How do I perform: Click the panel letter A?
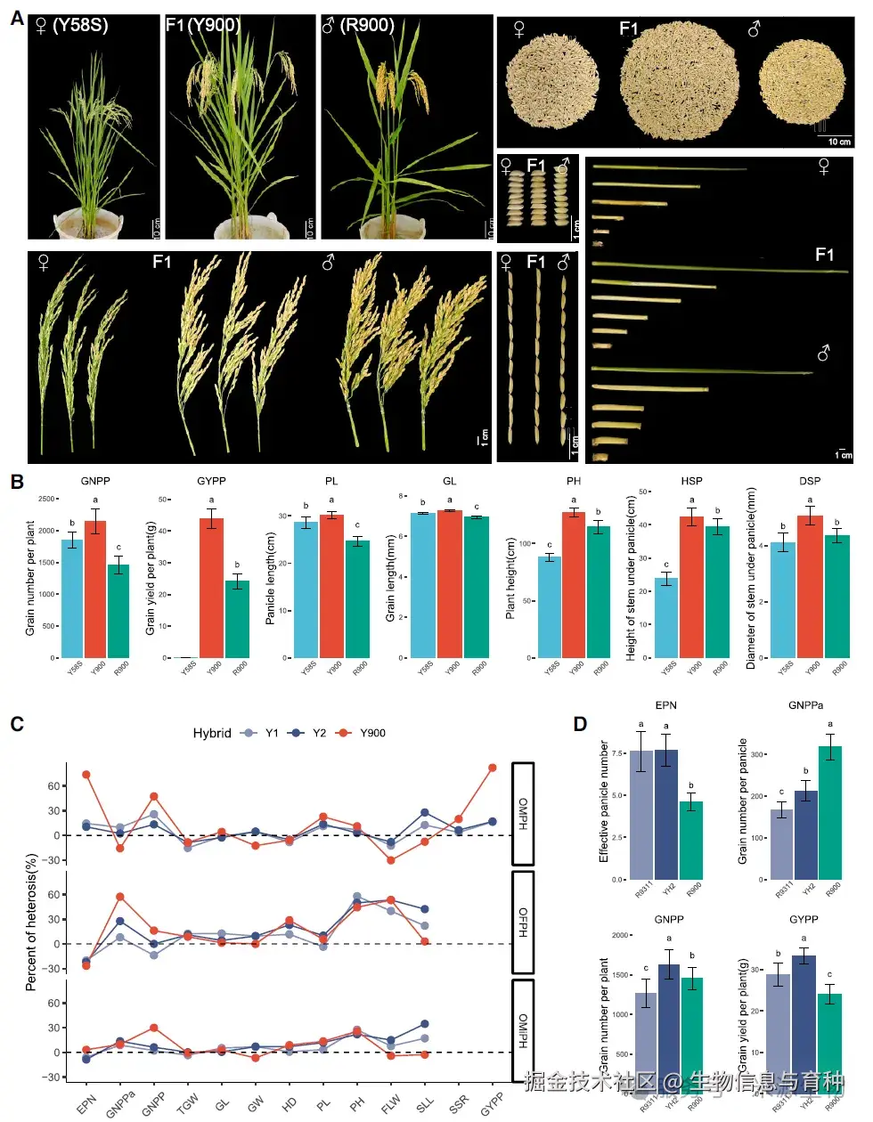[16, 17]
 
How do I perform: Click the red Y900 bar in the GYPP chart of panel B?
[211, 588]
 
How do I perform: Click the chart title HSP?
[691, 481]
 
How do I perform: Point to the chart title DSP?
[810, 481]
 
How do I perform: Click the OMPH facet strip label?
[523, 813]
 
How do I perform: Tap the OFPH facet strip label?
[523, 923]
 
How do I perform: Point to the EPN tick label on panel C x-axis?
[86, 1103]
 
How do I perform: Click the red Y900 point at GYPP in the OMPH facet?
[492, 768]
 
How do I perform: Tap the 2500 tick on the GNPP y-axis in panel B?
[46, 499]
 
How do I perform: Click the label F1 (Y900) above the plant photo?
[203, 25]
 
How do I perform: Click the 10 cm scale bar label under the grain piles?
[839, 142]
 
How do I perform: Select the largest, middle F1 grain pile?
[679, 81]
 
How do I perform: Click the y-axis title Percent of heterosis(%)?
[32, 922]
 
